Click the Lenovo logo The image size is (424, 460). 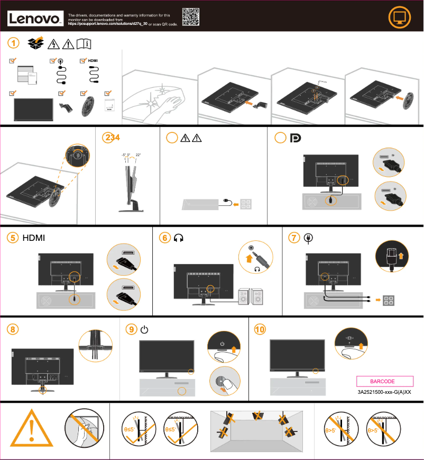click(x=36, y=19)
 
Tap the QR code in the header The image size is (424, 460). click(x=191, y=17)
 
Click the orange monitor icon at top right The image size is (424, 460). click(x=399, y=18)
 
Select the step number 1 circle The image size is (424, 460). click(x=15, y=42)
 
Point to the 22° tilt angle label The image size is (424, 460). click(x=139, y=155)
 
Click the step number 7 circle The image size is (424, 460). click(x=294, y=238)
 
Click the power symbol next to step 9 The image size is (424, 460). click(x=144, y=330)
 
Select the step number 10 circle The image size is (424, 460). click(x=260, y=329)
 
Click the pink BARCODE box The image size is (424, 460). click(x=382, y=381)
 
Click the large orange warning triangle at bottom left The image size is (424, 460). click(x=32, y=429)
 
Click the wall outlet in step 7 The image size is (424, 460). click(x=391, y=300)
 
